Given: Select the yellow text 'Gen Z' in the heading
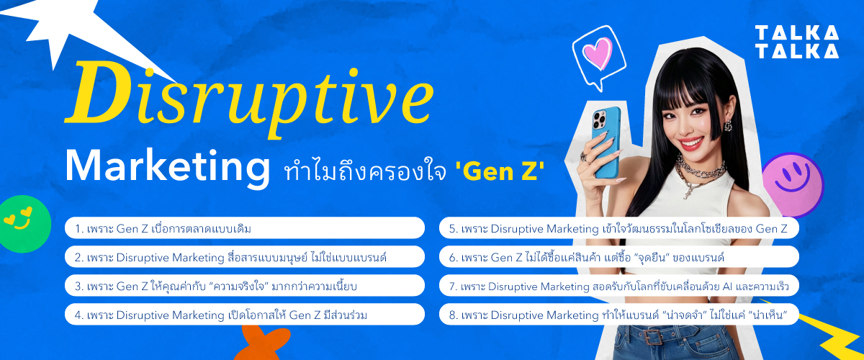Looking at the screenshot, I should [500, 172].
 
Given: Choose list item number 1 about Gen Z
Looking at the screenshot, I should [245, 228].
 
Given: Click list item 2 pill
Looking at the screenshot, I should [245, 257].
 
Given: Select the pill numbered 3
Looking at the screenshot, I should [245, 286].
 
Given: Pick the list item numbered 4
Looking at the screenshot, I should [245, 315].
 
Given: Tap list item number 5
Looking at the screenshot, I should [618, 228].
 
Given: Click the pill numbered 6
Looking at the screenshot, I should [618, 257].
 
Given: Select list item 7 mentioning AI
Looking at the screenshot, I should [618, 286].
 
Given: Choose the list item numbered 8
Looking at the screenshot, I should [618, 315].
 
